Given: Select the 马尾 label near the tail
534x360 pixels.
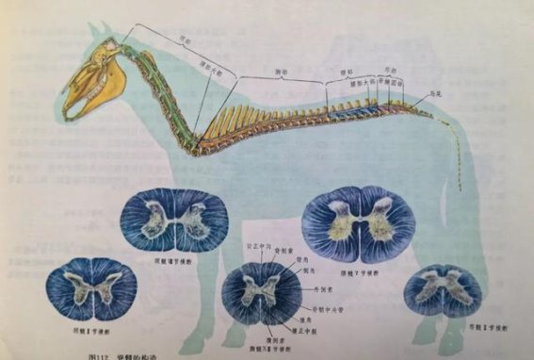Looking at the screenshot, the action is pyautogui.click(x=436, y=95).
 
